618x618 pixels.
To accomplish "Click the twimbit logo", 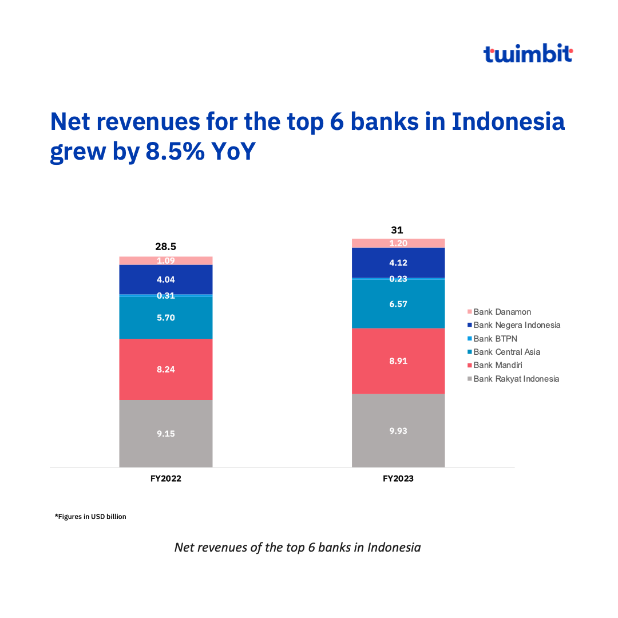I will coord(528,54).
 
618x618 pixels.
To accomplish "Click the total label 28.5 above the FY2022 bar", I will coord(166,247).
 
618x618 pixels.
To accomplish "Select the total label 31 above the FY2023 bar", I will coord(397,230).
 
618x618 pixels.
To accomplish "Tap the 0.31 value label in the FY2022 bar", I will coord(166,296).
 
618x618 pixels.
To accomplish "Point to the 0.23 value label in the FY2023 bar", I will coord(398,279).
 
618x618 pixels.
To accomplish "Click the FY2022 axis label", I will coord(166,479).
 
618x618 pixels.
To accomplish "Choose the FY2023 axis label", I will coord(398,479).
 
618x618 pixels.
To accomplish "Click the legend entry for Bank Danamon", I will coord(502,312).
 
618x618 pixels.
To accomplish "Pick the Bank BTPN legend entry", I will coord(494,339).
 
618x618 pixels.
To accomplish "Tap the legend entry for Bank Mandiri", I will coord(497,365).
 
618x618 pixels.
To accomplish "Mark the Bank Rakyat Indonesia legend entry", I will coord(516,379).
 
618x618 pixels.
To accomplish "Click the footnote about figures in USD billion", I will coord(90,517).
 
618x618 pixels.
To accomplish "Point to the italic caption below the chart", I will coord(298,548).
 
